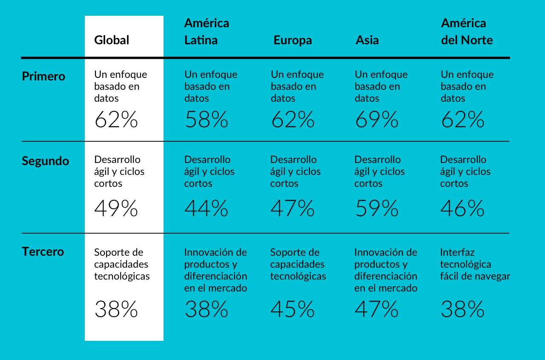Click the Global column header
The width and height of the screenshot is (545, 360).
pos(112,40)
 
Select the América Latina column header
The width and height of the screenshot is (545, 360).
pos(207,31)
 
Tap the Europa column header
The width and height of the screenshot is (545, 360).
pos(293,40)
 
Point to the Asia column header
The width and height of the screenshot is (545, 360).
pos(367,40)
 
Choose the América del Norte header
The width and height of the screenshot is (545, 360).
pos(467,31)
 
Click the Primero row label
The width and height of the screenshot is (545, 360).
pos(43,77)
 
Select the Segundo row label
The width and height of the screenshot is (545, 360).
pos(45,161)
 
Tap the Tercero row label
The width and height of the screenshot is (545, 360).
pos(43,251)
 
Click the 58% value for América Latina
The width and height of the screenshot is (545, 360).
pos(207,120)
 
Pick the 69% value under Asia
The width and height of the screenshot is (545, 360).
pos(376,120)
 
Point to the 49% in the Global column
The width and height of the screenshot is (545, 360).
pos(116,209)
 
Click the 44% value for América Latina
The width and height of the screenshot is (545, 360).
pos(207,209)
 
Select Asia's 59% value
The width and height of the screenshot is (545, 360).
pos(376,209)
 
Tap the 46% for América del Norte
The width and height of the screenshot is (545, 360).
pos(462,209)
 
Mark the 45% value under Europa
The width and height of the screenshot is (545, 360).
pos(293,309)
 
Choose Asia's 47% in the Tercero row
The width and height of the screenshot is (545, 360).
pos(376,309)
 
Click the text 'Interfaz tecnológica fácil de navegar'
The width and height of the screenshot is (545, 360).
pos(475,264)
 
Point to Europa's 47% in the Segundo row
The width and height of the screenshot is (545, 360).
pos(293,209)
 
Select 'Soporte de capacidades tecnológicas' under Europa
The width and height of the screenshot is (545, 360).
pos(298,264)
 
